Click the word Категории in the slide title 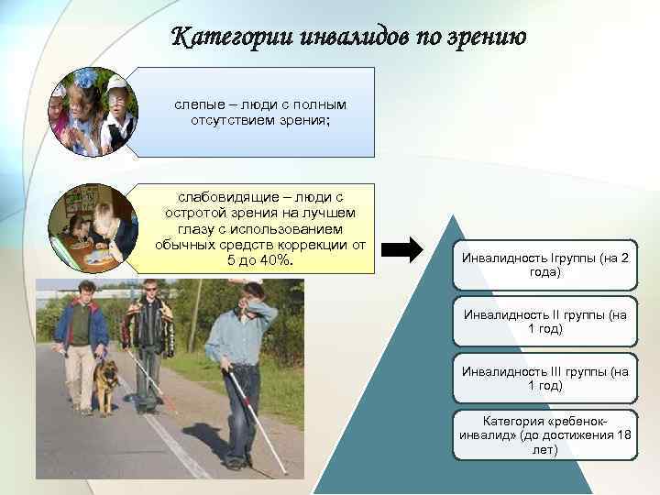click(x=232, y=37)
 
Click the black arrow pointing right click(x=402, y=249)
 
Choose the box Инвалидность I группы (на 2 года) click(x=545, y=265)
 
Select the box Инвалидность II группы click(x=545, y=322)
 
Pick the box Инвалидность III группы click(x=545, y=379)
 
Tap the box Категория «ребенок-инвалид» click(x=545, y=435)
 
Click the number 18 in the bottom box click(x=624, y=434)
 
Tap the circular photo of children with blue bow click(x=93, y=112)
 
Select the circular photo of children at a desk click(x=93, y=228)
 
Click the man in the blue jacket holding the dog click(x=82, y=346)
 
